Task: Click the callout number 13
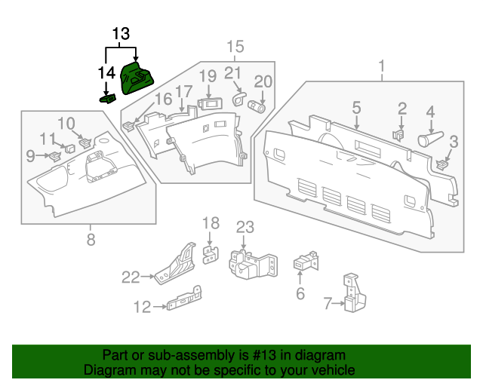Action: (121, 34)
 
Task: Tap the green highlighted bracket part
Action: (137, 78)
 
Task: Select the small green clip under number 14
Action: (107, 97)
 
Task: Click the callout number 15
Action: (235, 47)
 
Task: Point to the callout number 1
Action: (381, 66)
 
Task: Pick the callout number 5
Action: (355, 108)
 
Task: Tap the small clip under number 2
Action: (398, 134)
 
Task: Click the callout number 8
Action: (91, 240)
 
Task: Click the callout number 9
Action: (30, 156)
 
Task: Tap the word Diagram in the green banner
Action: (105, 371)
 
